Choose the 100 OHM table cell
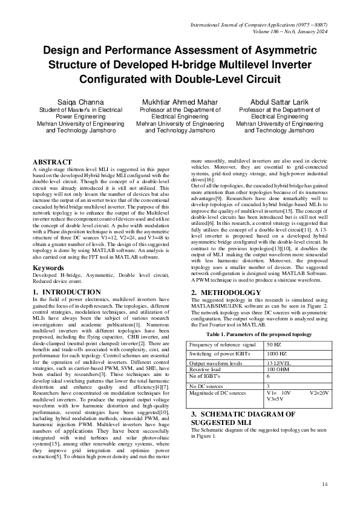pyautogui.click(x=279, y=368)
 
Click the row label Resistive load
pyautogui.click(x=207, y=368)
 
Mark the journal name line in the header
pyautogui.click(x=259, y=25)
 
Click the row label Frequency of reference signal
pyautogui.click(x=226, y=344)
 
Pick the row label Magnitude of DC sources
pyautogui.click(x=218, y=392)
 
